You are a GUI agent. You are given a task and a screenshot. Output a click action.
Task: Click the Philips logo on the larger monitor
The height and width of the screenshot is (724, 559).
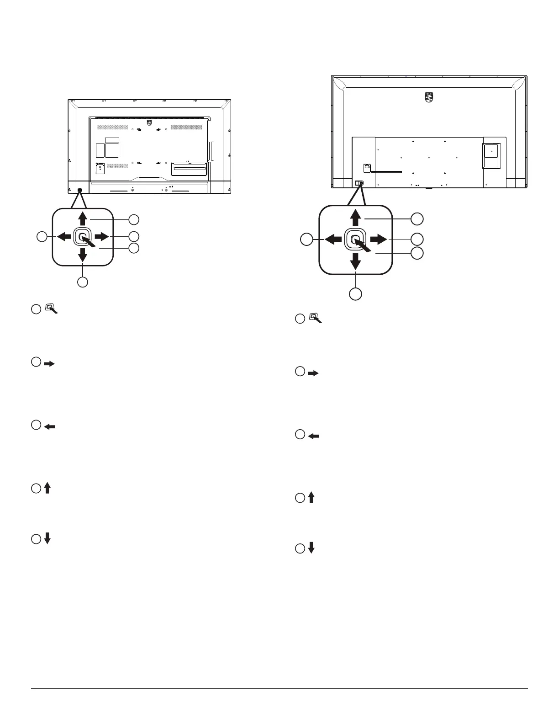(429, 97)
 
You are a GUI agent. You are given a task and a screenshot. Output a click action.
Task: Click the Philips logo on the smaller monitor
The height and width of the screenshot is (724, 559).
(148, 123)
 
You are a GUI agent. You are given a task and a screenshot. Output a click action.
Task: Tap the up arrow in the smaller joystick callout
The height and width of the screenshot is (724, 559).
(83, 218)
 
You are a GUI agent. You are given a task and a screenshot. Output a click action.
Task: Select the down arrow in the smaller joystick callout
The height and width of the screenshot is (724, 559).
(83, 255)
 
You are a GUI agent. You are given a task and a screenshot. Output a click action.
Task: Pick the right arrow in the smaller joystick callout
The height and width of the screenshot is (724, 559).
(101, 236)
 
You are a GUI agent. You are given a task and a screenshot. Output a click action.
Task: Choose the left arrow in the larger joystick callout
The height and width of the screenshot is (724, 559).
(333, 239)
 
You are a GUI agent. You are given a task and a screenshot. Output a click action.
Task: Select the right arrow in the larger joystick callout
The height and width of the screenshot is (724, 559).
(379, 239)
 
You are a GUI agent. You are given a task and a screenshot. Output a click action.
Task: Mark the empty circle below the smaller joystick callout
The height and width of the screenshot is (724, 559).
(82, 282)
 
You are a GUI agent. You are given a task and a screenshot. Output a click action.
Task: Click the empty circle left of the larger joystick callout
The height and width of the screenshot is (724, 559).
(306, 239)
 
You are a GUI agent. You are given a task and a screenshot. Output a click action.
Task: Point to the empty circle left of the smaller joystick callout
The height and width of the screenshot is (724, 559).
(42, 236)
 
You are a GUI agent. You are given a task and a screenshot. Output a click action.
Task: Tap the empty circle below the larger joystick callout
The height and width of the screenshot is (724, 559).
(356, 293)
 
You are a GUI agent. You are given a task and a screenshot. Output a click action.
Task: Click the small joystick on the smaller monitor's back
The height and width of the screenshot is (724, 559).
(80, 190)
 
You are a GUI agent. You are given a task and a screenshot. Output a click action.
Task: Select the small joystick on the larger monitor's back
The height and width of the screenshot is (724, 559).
(359, 183)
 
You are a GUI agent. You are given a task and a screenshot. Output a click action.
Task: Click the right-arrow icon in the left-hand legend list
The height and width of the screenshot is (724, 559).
(49, 364)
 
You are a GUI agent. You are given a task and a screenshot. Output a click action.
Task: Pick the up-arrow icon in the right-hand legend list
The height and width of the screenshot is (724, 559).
(311, 498)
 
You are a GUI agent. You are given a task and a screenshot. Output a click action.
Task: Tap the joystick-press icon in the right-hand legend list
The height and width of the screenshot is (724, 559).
(316, 318)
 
